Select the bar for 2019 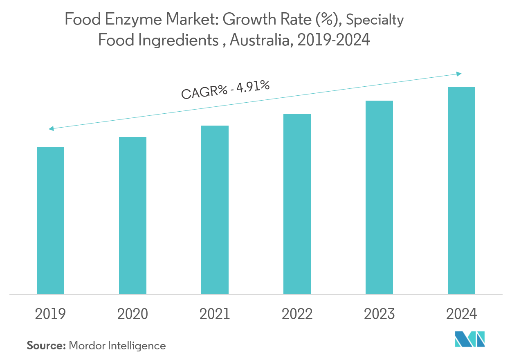(50, 220)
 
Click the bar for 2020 (132, 216)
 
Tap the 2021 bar (215, 209)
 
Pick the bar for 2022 (297, 204)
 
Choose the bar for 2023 (379, 197)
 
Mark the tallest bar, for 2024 (461, 191)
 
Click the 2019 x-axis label (50, 314)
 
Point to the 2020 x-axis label (132, 314)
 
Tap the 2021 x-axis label (215, 314)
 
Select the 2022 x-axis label (297, 314)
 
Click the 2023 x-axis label (379, 314)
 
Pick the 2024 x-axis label (461, 314)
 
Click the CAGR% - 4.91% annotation (225, 90)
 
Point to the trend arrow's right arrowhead (459, 74)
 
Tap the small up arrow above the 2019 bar (52, 131)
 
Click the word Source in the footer (46, 345)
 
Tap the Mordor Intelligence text (117, 345)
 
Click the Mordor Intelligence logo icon (469, 340)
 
